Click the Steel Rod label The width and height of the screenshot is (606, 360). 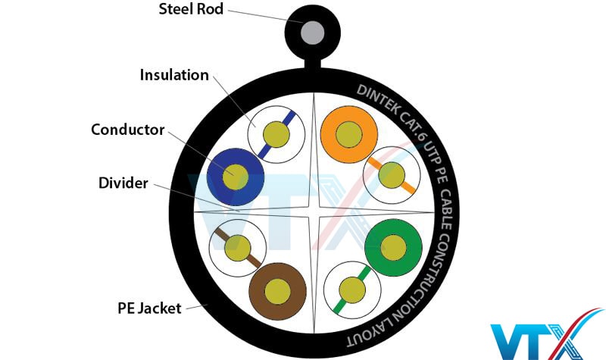[x=192, y=10]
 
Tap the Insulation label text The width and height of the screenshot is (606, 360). [x=173, y=75]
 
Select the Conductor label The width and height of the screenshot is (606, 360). [x=127, y=130]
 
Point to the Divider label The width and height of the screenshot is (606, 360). [x=121, y=183]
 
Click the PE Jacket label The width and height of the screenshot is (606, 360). [x=148, y=308]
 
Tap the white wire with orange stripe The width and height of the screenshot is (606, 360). [x=392, y=175]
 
